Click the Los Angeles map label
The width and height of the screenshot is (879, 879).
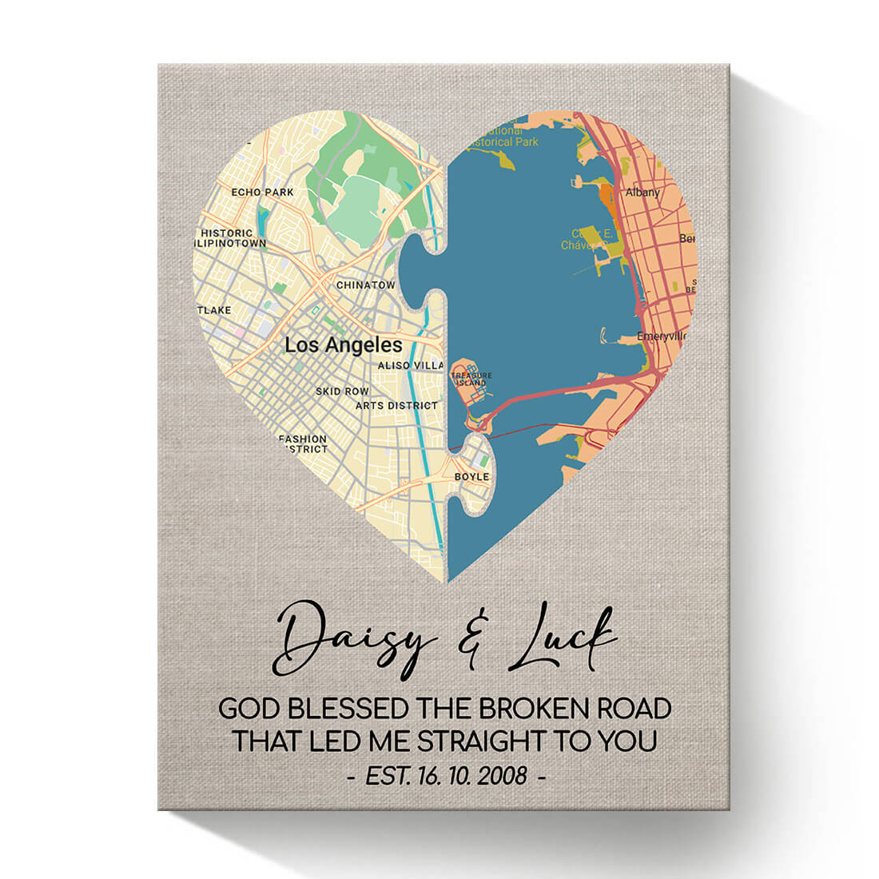(x=344, y=345)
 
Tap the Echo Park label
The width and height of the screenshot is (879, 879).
(x=262, y=193)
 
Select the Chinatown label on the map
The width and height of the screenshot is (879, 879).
(x=365, y=285)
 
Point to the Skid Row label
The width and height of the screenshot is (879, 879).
(x=342, y=392)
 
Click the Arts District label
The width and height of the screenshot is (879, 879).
(x=397, y=406)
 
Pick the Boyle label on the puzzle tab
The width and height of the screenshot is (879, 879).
(x=471, y=477)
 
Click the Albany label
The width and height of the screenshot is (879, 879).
(x=642, y=193)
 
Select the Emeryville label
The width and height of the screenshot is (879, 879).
(x=661, y=336)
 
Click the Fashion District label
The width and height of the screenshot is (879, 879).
(x=303, y=444)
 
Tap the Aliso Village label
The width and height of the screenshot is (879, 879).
(x=410, y=365)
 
